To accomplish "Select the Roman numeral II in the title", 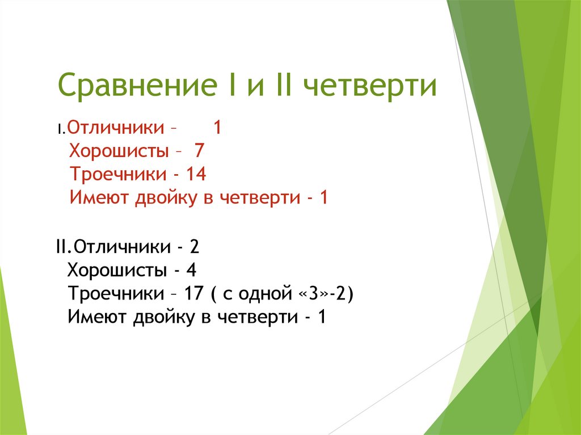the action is (x=283, y=85).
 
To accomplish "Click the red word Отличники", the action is (x=116, y=127).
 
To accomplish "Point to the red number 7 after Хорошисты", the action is (x=199, y=150).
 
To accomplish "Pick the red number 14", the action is (x=196, y=174).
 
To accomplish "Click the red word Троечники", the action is (x=118, y=174).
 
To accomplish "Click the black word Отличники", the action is (x=123, y=246).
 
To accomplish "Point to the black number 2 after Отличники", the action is (x=195, y=246).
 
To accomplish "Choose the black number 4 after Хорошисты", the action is (x=191, y=270).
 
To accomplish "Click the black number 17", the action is (x=194, y=293).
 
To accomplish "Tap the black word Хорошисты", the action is (x=117, y=270).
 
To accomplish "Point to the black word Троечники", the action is (x=116, y=293).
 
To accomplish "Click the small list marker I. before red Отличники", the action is (x=61, y=129).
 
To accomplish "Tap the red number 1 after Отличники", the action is (x=217, y=127).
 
